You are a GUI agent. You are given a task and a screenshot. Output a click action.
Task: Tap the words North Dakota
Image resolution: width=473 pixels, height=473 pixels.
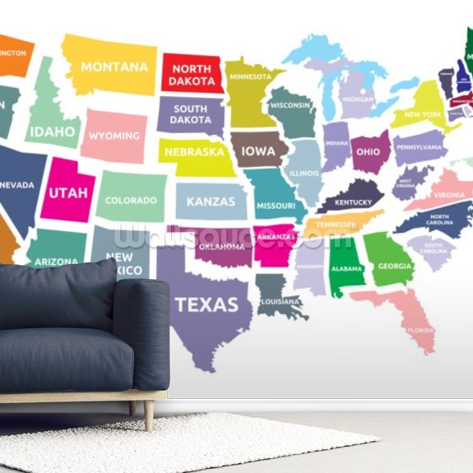click(x=192, y=75)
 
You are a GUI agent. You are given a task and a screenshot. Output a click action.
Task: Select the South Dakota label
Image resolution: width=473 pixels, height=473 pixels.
click(x=190, y=114)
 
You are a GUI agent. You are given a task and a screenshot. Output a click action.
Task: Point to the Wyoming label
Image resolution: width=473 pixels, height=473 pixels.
click(x=114, y=136)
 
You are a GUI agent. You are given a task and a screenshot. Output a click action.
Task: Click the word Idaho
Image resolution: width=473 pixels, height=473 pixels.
click(x=53, y=132)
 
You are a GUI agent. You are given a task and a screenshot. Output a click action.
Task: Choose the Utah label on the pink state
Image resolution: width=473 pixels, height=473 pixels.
click(x=67, y=192)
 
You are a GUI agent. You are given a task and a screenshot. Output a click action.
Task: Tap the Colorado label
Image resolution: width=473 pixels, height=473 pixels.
click(x=131, y=200)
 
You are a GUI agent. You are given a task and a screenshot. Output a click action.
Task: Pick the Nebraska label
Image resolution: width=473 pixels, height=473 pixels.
click(x=194, y=152)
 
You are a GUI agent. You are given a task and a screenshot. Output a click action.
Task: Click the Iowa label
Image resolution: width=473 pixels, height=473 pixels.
click(x=258, y=151)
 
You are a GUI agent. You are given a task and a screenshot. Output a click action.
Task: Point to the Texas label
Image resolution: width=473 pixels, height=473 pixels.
click(x=206, y=305)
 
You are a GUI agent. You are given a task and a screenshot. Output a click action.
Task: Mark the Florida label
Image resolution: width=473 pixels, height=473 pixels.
click(x=420, y=330)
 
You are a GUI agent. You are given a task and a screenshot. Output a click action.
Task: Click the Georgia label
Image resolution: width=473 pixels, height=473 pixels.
click(x=395, y=267)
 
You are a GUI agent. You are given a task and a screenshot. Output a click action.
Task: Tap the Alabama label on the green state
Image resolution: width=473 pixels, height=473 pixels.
click(x=347, y=268)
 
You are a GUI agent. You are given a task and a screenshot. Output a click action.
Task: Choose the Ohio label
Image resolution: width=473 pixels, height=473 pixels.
click(x=367, y=152)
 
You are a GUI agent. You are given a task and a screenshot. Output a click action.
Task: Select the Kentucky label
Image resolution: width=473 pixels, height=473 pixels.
click(x=353, y=202)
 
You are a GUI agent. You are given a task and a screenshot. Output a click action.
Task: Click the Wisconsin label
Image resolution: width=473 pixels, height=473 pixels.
click(x=290, y=105)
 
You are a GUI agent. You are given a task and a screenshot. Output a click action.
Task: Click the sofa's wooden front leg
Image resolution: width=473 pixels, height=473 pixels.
click(x=148, y=415)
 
